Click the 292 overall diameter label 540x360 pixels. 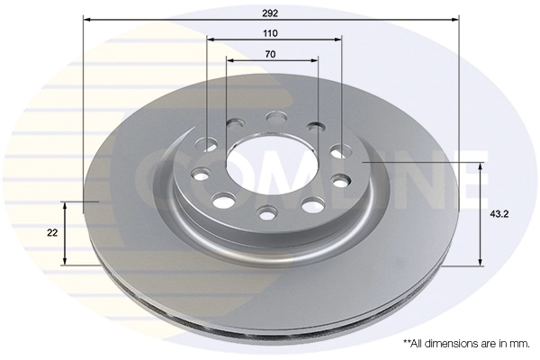[x=270, y=13]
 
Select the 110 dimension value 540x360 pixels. [x=270, y=33]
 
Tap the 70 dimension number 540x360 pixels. [x=270, y=54]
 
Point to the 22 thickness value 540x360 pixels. [x=52, y=233]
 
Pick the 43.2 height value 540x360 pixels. [x=499, y=214]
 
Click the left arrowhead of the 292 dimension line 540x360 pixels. [x=86, y=20]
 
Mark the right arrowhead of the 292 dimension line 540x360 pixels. [x=455, y=20]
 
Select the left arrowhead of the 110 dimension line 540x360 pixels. [x=211, y=40]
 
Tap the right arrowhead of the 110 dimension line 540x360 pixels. [x=338, y=40]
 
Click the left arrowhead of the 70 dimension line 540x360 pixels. [x=230, y=60]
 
